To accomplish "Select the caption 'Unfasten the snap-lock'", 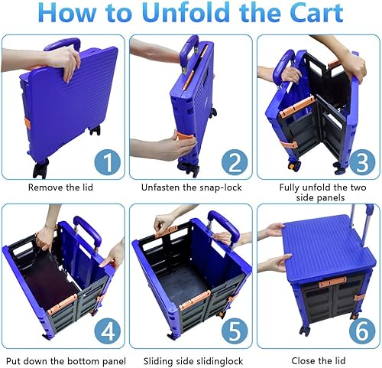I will [189, 187].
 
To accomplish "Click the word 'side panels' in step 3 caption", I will [316, 198].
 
